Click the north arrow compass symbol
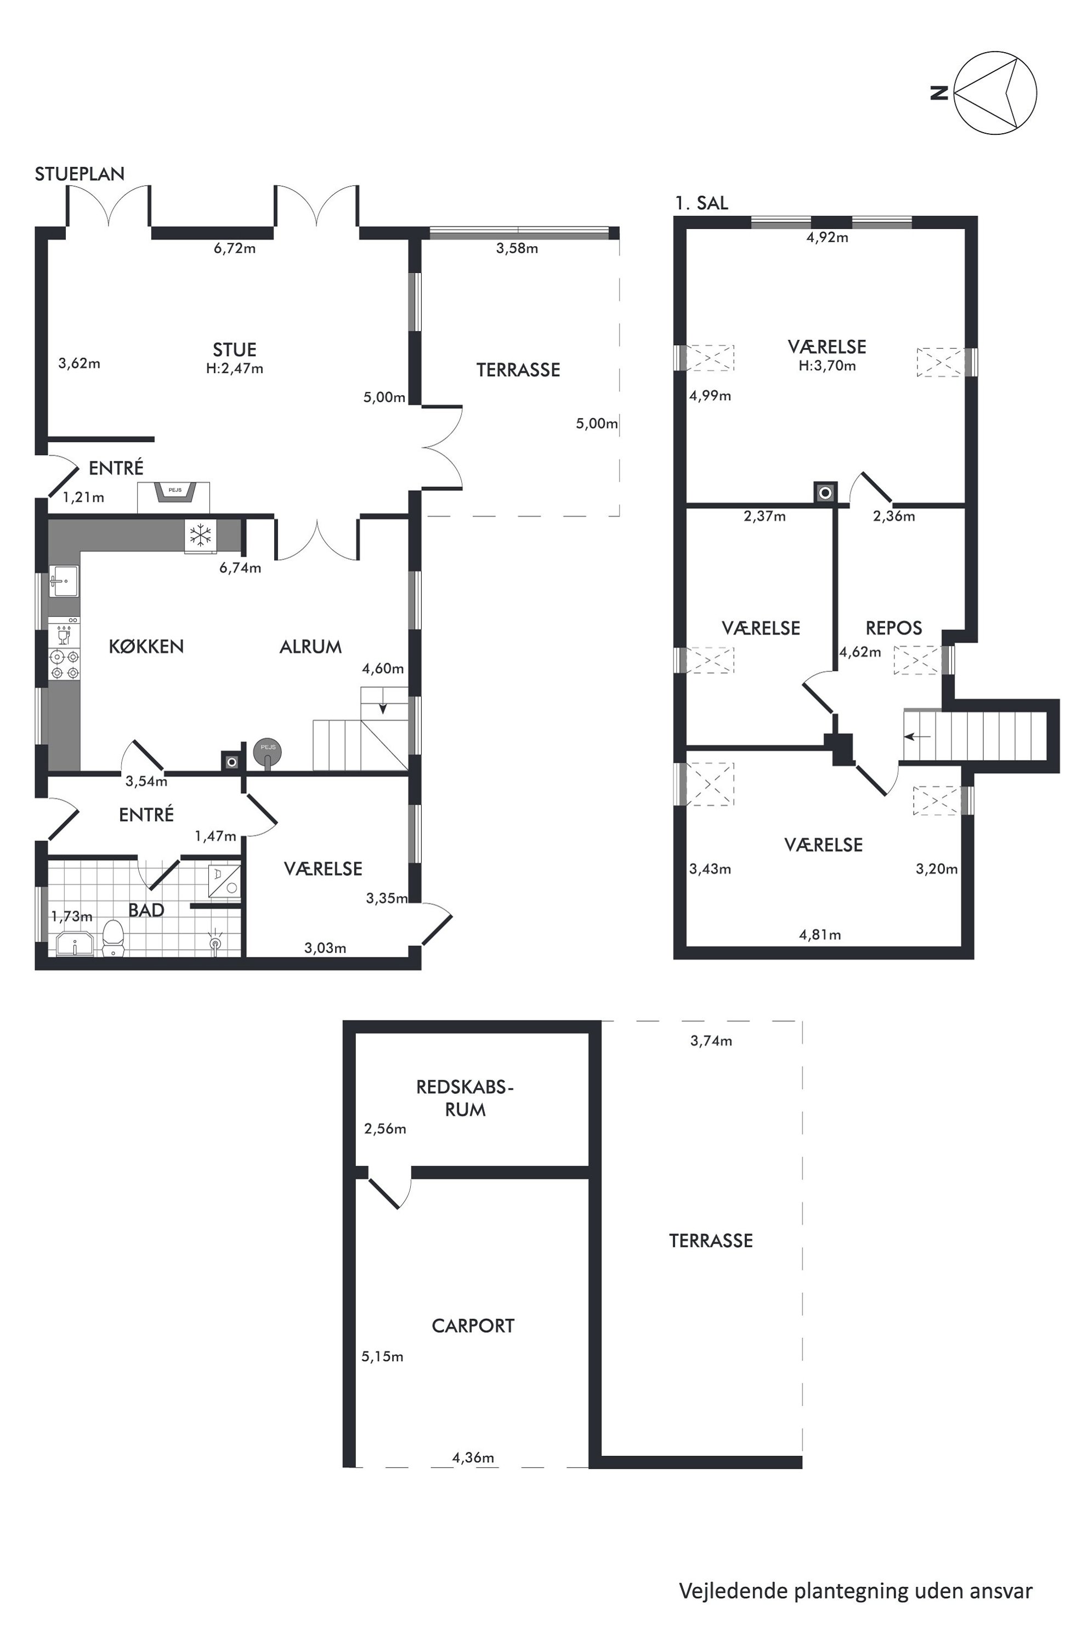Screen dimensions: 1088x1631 [x=995, y=92]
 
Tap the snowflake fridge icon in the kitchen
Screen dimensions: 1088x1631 [x=201, y=535]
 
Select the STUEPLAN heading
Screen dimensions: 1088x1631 [x=80, y=174]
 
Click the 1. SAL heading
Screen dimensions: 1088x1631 [x=701, y=203]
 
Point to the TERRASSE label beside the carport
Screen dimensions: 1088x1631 [x=711, y=1241]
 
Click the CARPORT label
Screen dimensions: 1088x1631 [x=473, y=1326]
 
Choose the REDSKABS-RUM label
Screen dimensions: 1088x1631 [x=465, y=1098]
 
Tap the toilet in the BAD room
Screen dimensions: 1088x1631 [x=112, y=938]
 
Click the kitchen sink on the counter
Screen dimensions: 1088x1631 [x=64, y=581]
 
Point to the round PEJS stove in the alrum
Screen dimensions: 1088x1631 [x=268, y=752]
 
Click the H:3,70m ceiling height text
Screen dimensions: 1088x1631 [x=827, y=366]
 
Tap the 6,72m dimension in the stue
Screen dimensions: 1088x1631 [x=235, y=248]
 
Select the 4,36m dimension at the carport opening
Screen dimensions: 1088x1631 [x=473, y=1458]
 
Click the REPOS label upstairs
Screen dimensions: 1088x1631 [x=894, y=628]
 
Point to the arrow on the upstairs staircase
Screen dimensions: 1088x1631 [x=917, y=737]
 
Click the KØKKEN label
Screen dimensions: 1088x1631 [x=146, y=646]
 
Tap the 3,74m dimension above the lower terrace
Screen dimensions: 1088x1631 [x=711, y=1040]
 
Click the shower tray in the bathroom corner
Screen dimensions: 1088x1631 [x=224, y=881]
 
